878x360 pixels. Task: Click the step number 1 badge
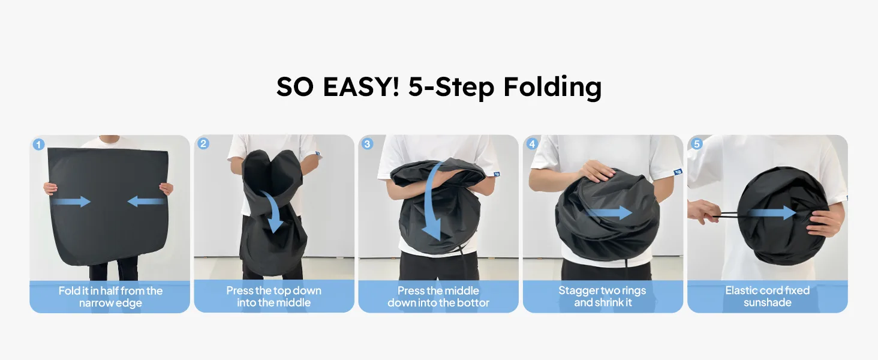point(38,145)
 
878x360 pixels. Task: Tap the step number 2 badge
point(203,143)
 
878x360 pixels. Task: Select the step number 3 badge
point(367,144)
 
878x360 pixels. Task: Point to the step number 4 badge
point(532,144)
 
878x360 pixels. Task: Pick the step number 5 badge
point(696,144)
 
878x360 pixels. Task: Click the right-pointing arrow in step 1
point(71,202)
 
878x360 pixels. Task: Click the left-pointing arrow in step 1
point(146,202)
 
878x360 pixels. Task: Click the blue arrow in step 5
point(772,213)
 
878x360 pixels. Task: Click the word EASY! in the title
point(361,86)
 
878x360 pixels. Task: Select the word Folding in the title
point(552,87)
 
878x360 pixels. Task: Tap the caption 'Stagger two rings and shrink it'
point(603,296)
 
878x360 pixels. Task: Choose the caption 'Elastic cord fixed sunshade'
point(768,296)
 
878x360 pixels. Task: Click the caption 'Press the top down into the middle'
point(273,296)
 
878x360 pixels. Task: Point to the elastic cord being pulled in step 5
point(724,215)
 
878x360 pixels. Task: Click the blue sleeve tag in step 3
point(496,174)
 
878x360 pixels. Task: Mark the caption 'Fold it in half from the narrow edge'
point(110,297)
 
